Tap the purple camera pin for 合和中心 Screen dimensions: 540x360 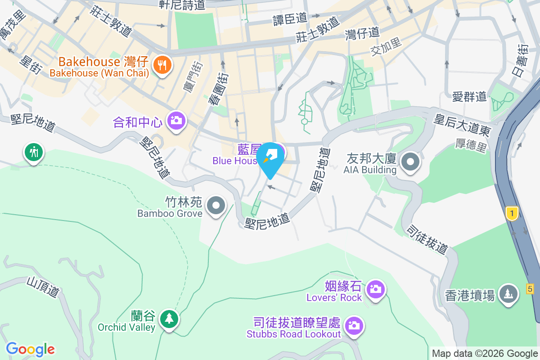tap(176, 121)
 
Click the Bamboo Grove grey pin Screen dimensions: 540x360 tap(216, 206)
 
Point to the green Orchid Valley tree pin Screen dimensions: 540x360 tap(169, 319)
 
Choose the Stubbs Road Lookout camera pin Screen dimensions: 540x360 tap(354, 325)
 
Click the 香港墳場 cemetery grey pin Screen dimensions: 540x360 tap(508, 294)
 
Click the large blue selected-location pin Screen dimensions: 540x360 tap(270, 159)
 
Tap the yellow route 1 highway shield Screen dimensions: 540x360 tap(511, 213)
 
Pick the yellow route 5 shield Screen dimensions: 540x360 tap(531, 288)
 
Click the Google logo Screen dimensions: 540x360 tap(31, 349)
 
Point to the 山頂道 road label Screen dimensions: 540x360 tap(43, 286)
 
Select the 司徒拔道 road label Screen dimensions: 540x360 tap(427, 239)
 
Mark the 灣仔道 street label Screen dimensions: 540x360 tap(363, 34)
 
